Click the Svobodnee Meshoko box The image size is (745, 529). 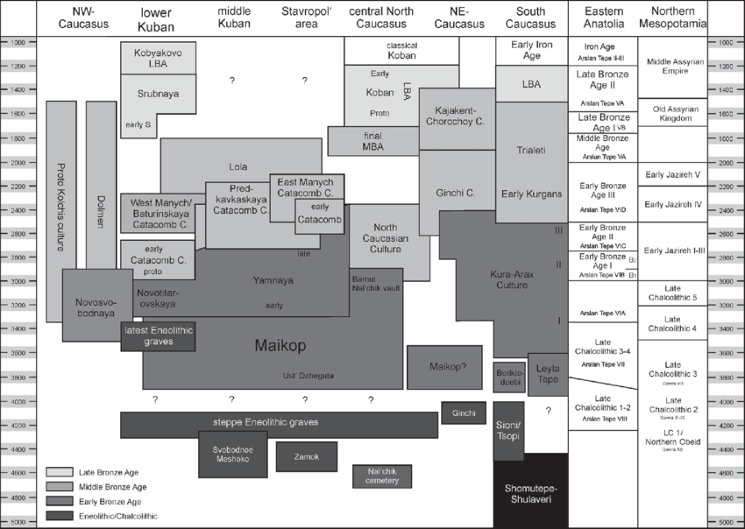231,455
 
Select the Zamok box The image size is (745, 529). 307,456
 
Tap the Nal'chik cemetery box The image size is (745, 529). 381,476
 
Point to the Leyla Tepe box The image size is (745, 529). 549,374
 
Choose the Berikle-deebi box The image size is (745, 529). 509,377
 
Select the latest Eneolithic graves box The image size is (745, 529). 158,335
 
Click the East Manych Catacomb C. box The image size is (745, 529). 305,186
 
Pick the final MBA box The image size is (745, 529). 372,141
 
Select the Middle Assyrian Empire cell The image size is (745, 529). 672,67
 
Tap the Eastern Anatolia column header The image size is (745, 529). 601,18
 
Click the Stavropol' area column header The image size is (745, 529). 306,18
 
